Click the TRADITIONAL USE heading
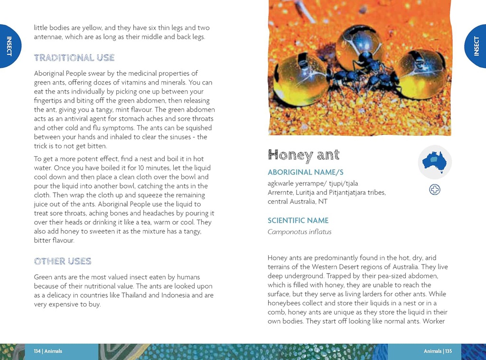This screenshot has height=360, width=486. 74,58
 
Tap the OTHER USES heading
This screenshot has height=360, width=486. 62,261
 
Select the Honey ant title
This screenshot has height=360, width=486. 303,155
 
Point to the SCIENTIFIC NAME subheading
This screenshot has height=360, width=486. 298,220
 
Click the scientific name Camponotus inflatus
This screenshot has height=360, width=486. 299,232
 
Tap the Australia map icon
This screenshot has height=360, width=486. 434,162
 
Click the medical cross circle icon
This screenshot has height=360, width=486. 434,189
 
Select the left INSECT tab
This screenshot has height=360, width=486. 9,46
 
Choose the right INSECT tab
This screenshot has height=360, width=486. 477,46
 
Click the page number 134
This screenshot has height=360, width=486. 37,351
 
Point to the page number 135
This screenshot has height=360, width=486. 448,351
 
